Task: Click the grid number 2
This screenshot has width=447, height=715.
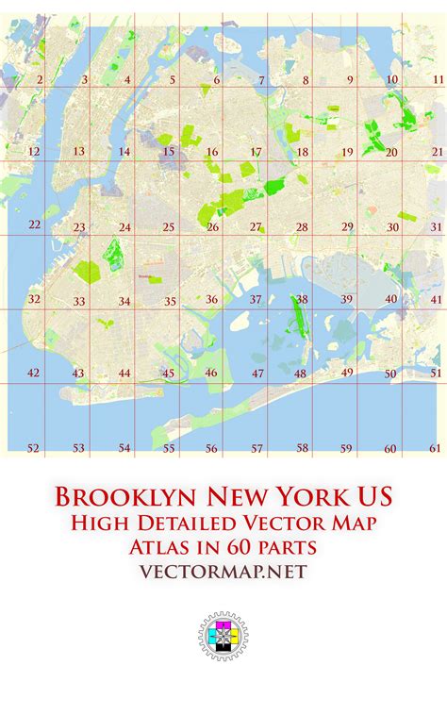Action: click(x=40, y=80)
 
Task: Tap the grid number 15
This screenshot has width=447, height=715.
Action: click(x=168, y=152)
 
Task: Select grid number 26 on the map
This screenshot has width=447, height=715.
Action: click(x=213, y=227)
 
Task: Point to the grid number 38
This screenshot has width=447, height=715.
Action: click(x=302, y=299)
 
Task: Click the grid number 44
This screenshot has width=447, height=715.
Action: click(x=124, y=374)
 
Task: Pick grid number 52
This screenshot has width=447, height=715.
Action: click(x=34, y=448)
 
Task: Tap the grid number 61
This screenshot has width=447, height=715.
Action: click(x=435, y=448)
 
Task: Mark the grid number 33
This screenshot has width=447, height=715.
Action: click(x=80, y=302)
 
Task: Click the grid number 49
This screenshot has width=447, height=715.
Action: click(x=347, y=373)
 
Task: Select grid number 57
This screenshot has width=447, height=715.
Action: click(x=257, y=449)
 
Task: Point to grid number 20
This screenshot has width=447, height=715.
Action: click(x=391, y=152)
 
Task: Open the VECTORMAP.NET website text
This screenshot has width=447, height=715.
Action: click(x=223, y=572)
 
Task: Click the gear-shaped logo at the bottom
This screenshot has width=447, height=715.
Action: click(x=223, y=636)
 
